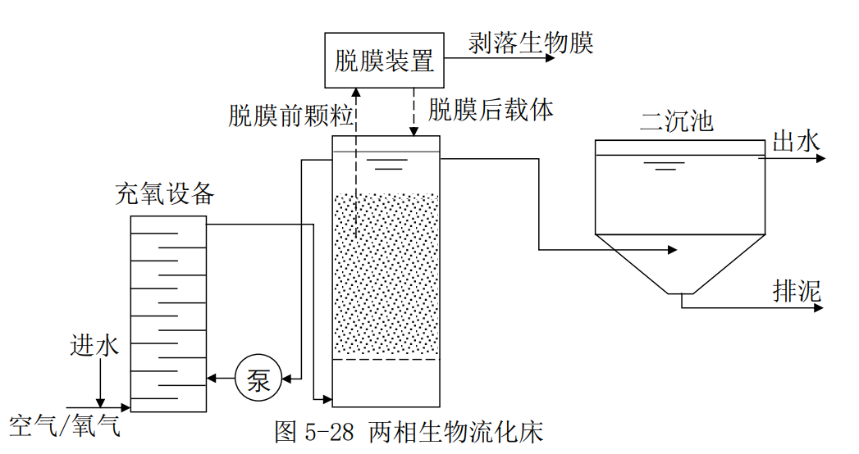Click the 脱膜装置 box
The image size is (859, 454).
pos(384,60)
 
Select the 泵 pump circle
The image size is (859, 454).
pos(258,379)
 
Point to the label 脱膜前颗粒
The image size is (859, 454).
pos(290,116)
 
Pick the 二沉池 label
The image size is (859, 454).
pos(676,122)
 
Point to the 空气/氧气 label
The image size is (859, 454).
pos(65,425)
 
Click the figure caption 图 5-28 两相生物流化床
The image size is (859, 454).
pos(409,432)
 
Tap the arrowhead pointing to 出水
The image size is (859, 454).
pos(820,158)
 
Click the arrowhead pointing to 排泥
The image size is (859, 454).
pos(820,307)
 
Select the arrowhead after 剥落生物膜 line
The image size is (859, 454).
pos(551,57)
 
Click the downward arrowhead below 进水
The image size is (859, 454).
pos(100,402)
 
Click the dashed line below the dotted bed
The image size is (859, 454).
pos(386,360)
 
